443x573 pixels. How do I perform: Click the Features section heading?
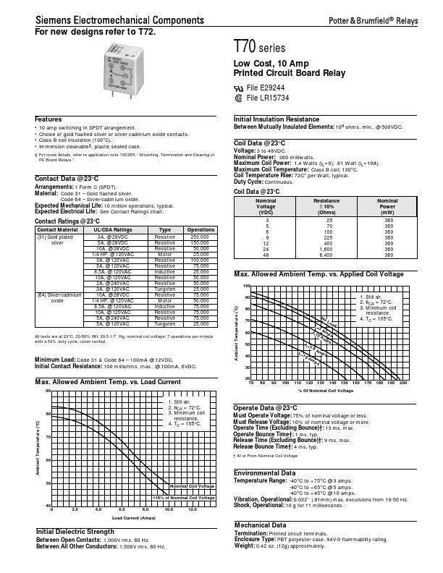point(48,119)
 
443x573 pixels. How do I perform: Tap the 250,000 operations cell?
point(200,237)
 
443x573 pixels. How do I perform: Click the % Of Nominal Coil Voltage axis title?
point(326,390)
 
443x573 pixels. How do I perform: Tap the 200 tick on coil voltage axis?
point(403,382)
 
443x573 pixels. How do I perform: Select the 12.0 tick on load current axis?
point(191,509)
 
